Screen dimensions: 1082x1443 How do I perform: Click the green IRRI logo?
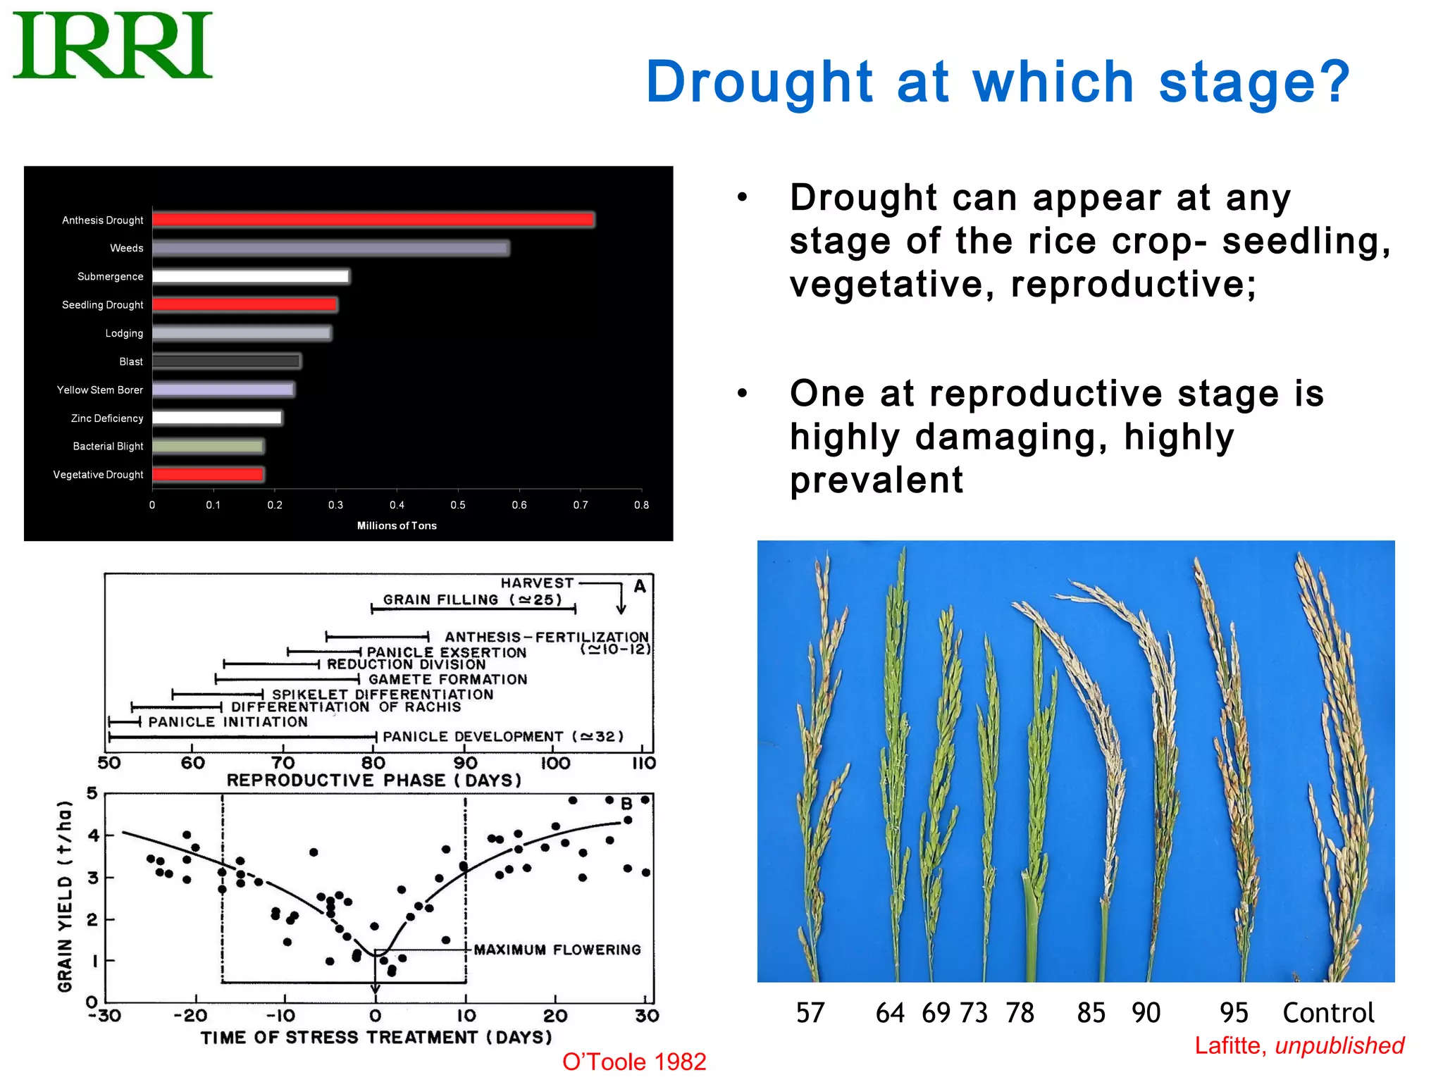(x=113, y=46)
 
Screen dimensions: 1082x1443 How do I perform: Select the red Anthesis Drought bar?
(x=373, y=220)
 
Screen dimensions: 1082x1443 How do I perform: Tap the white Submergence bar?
(x=250, y=276)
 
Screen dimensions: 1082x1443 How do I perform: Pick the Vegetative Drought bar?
(x=208, y=475)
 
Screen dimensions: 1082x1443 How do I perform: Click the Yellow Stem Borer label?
(x=99, y=390)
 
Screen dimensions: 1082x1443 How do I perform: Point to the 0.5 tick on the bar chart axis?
(x=458, y=505)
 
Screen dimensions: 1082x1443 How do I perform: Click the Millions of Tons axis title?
(x=397, y=526)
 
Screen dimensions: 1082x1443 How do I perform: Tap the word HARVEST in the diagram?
(x=537, y=583)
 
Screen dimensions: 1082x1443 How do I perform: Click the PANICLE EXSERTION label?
(x=446, y=652)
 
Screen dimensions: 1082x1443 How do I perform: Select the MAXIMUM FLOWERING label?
(x=557, y=950)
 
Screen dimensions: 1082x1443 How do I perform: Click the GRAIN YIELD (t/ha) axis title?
(x=65, y=896)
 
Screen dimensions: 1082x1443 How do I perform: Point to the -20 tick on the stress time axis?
(x=190, y=1016)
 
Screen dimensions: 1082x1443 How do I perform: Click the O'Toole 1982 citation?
(x=633, y=1062)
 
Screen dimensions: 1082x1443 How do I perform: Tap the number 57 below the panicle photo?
(x=810, y=1013)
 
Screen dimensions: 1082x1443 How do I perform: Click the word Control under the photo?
(x=1327, y=1013)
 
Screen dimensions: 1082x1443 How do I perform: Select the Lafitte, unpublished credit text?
(x=1299, y=1045)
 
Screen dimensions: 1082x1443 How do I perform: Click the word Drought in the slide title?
(x=759, y=82)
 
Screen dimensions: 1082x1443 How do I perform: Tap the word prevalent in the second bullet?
(x=876, y=480)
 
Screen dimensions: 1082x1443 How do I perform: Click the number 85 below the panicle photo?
(x=1091, y=1013)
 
